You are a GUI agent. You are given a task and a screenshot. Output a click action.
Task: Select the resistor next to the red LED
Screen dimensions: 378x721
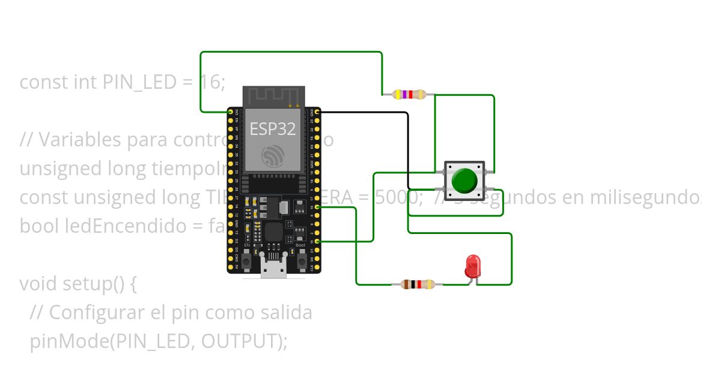[417, 284]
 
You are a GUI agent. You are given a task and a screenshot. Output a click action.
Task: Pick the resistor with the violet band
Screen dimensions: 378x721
[409, 94]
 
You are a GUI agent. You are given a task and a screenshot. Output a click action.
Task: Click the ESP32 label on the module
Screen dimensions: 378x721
[273, 129]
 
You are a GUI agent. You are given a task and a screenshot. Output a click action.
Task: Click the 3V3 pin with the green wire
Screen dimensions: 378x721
[230, 112]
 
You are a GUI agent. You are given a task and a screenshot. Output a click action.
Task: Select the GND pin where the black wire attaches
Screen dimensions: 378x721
[317, 112]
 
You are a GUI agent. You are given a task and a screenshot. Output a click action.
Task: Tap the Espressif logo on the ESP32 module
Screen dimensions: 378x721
[273, 157]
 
